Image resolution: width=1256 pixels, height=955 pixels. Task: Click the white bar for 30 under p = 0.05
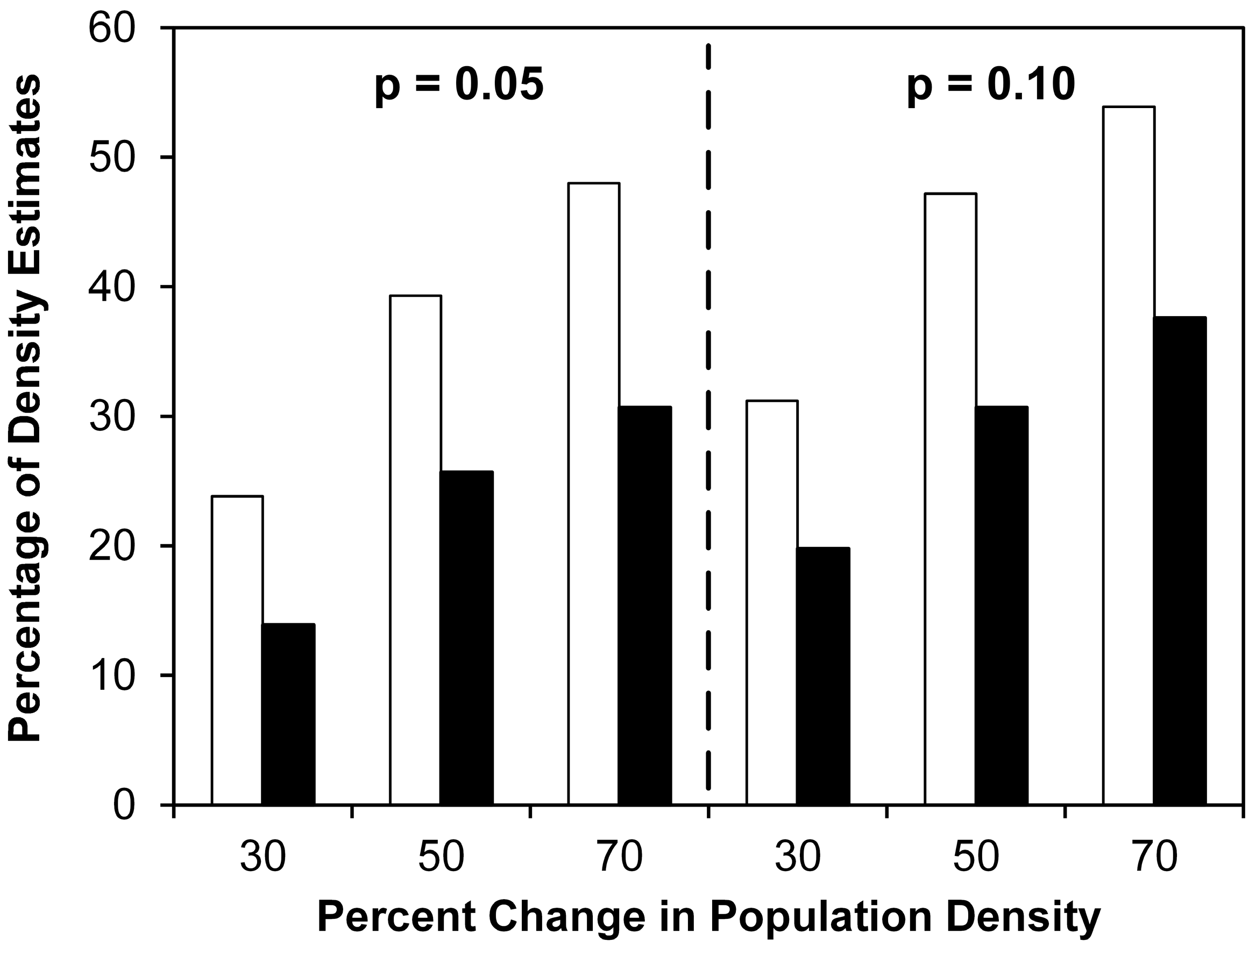[x=237, y=651]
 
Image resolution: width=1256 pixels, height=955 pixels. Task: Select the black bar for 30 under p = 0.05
[x=288, y=715]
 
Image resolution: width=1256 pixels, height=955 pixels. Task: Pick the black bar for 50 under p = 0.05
[x=467, y=638]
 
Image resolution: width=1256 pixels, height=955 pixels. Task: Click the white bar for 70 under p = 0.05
[x=594, y=494]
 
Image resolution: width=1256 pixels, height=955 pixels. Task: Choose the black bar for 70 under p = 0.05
[x=645, y=606]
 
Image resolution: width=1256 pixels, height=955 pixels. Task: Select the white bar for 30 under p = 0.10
[x=772, y=603]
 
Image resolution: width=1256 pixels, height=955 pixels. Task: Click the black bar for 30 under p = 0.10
[x=824, y=676]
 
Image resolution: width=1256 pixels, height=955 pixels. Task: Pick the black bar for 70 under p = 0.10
[x=1180, y=561]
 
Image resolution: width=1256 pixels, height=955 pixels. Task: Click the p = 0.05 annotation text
[x=459, y=86]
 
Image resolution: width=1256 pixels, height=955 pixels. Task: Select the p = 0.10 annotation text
[x=991, y=86]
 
